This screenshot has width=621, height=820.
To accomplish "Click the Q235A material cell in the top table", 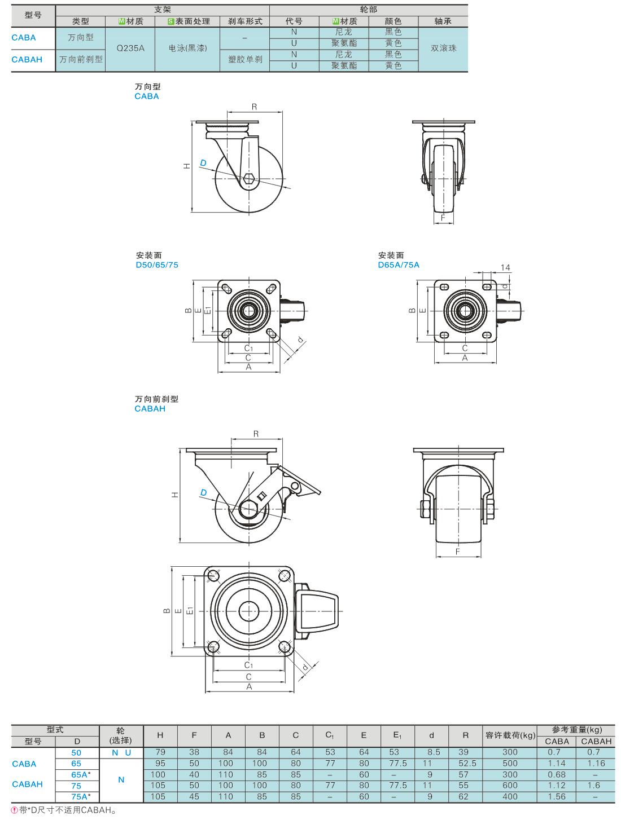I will click(x=130, y=49).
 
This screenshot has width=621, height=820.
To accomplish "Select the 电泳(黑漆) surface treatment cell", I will click(x=188, y=49).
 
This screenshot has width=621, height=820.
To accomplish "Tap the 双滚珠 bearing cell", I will click(x=443, y=49).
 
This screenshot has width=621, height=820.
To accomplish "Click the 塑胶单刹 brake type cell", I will click(x=245, y=59).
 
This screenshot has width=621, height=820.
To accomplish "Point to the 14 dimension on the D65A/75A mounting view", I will click(x=505, y=268).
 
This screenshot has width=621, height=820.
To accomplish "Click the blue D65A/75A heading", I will click(x=399, y=264).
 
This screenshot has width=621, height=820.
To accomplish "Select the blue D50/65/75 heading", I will click(x=156, y=264).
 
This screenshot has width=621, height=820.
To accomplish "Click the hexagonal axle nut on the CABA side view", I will click(x=250, y=180).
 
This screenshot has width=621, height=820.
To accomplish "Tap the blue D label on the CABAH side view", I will click(x=204, y=492).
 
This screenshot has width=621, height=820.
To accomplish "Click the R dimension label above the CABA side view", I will click(x=255, y=107).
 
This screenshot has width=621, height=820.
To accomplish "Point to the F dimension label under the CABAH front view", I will click(x=457, y=550).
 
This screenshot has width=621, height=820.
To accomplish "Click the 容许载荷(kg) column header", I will click(x=510, y=735).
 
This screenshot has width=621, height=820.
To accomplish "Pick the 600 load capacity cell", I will click(x=510, y=785).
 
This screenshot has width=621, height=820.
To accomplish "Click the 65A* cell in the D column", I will click(x=80, y=774).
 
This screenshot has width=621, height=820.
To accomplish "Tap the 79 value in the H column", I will click(x=160, y=752).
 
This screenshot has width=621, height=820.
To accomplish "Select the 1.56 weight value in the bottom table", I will click(x=557, y=796).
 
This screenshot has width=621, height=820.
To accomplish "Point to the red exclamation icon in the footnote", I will click(x=15, y=810).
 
